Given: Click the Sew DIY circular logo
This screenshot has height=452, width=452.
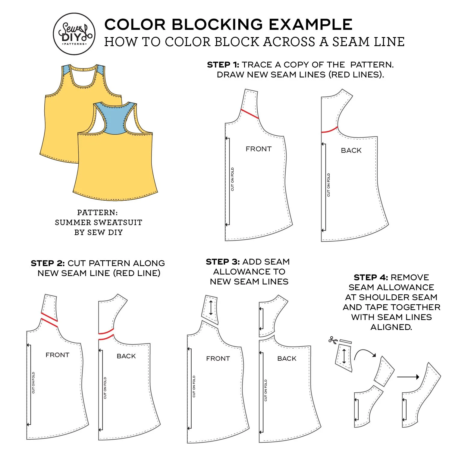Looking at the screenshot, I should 74,34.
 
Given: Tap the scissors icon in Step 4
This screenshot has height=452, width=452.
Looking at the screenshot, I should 333,340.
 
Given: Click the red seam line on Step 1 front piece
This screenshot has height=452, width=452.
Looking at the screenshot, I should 250,114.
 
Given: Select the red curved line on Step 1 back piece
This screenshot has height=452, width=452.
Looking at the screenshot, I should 329,130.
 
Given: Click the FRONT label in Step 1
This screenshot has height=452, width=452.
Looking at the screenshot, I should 259,149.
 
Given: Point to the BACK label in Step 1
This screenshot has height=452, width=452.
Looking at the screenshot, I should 351,150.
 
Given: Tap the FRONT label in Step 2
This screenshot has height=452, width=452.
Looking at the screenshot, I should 57,355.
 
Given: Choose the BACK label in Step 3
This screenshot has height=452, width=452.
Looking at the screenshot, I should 287,359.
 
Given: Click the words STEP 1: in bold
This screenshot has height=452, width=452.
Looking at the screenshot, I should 223,65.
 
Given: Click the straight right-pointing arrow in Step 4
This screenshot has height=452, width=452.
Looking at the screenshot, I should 408,377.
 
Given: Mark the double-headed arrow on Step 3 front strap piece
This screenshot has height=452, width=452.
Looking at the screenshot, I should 211,308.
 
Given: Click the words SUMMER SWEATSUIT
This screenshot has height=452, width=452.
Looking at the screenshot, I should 99,223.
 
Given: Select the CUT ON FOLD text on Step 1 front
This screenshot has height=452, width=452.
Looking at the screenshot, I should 232,179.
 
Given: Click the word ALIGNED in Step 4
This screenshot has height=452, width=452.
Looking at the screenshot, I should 391,327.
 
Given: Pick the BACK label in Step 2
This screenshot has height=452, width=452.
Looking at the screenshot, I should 126,356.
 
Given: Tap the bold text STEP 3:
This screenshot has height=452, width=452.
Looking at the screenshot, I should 223,262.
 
